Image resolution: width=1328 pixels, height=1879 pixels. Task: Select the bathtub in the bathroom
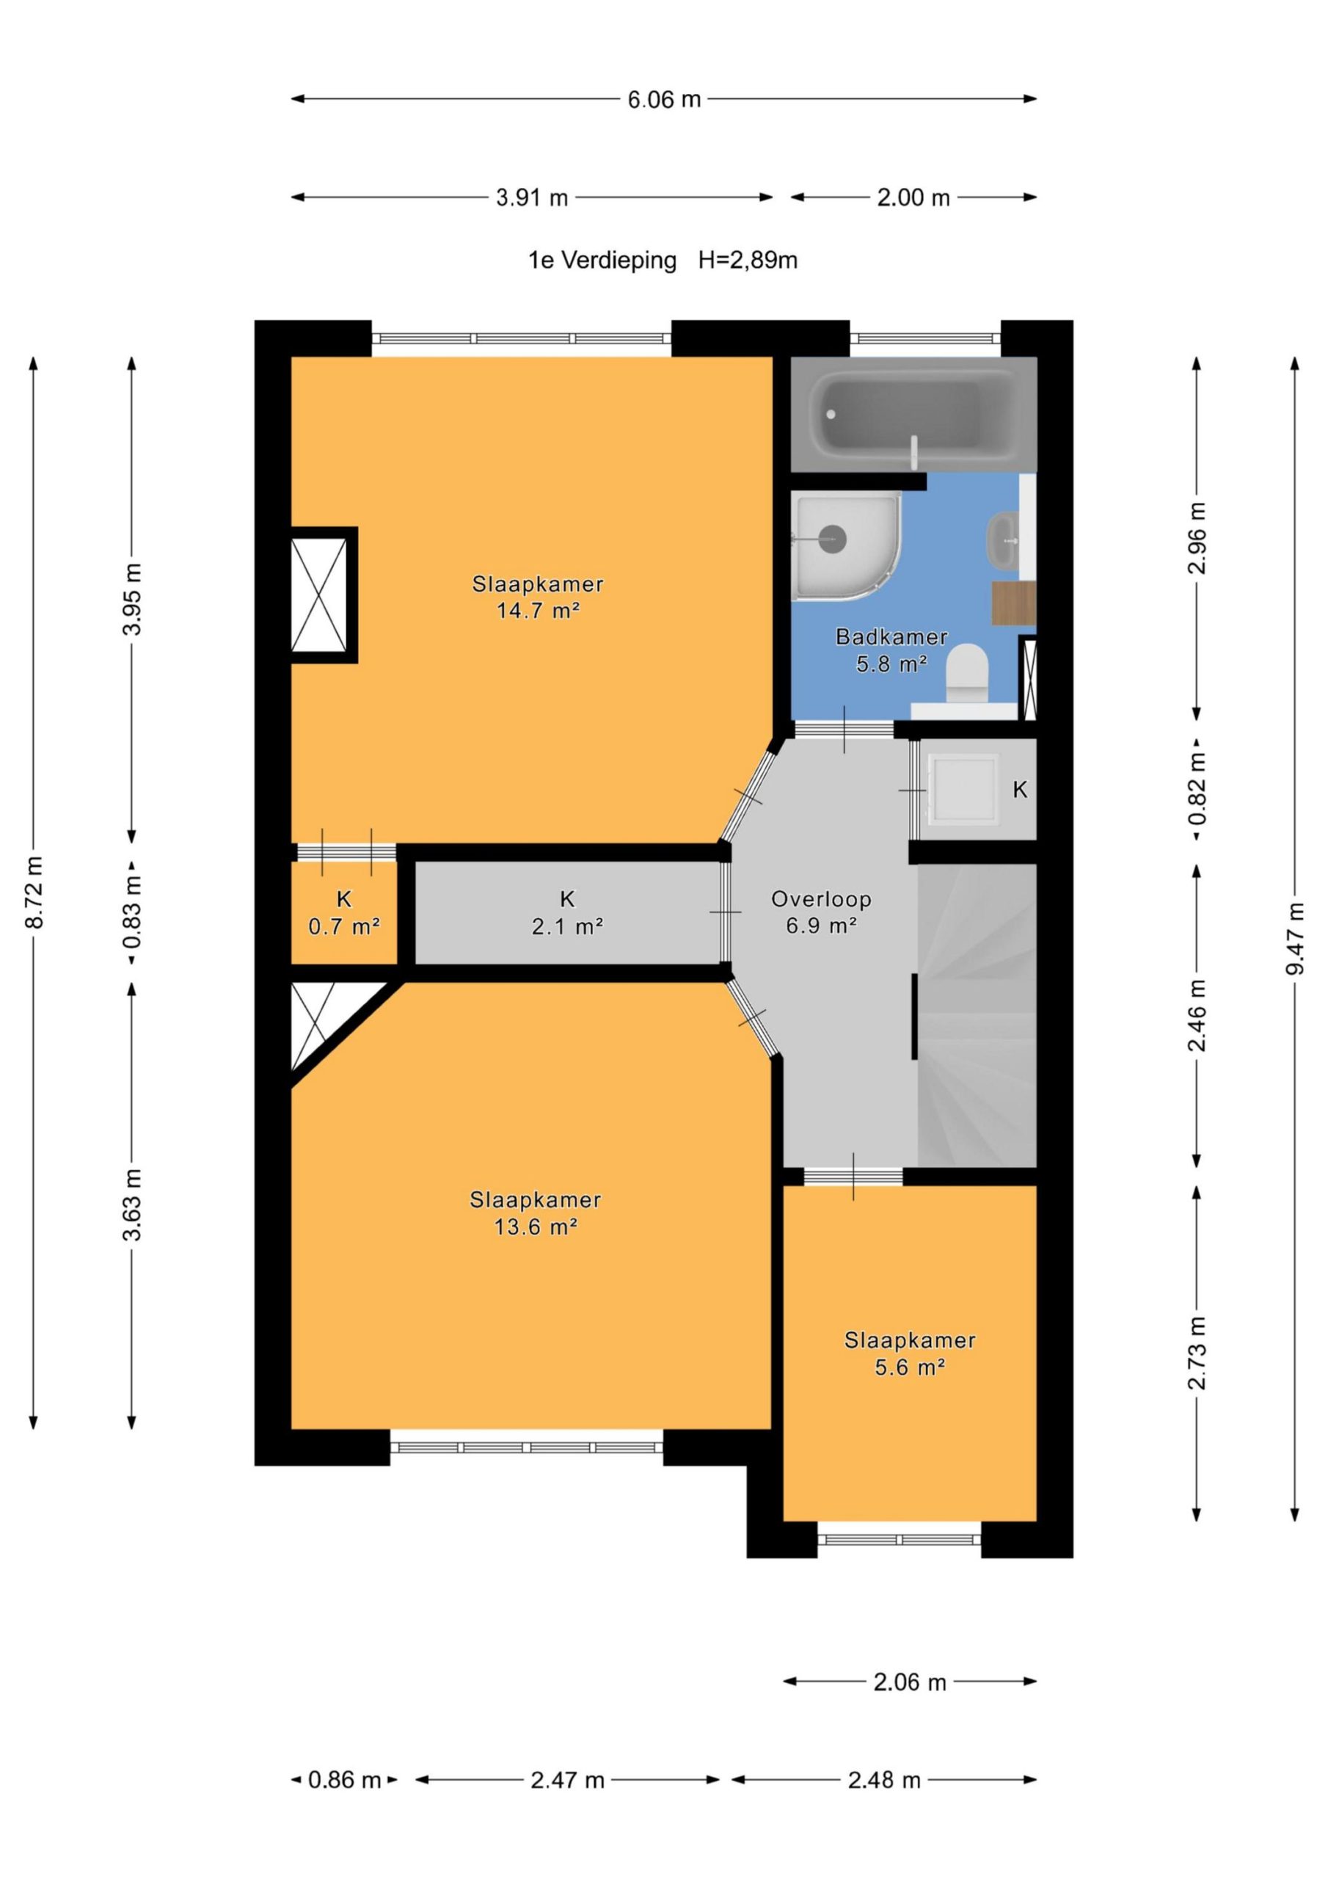[x=913, y=414]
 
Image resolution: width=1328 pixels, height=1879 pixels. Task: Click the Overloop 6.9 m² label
[x=821, y=912]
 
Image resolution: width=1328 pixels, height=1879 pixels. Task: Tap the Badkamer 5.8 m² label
[x=891, y=650]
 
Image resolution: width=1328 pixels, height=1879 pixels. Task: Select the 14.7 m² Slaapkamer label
[x=538, y=597]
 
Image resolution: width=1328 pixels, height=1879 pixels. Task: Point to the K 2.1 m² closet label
[x=567, y=912]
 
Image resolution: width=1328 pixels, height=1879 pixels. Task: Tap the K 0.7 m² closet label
[x=343, y=912]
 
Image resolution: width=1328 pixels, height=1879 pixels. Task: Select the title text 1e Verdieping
[x=602, y=261]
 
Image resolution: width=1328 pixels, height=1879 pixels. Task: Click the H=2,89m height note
[x=748, y=261]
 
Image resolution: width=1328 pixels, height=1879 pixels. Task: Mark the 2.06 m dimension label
[x=909, y=1682]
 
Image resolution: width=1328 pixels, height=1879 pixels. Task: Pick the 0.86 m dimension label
[x=345, y=1779]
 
